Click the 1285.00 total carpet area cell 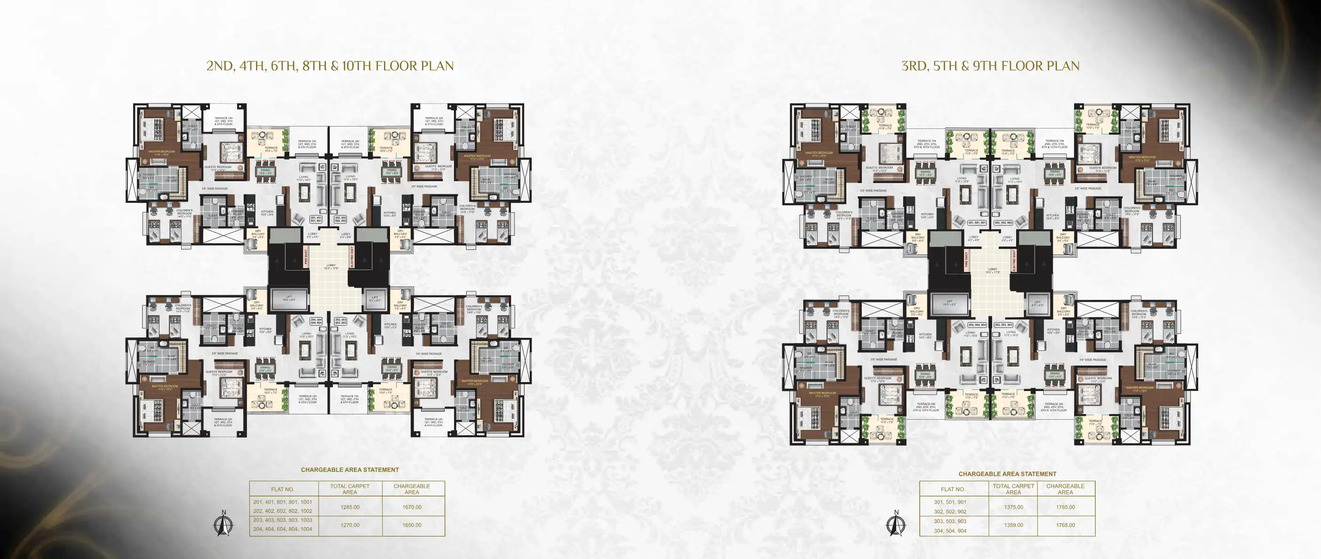tap(350, 507)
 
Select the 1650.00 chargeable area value tap(412, 525)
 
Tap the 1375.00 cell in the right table tap(1013, 507)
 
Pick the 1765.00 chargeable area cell tap(1065, 525)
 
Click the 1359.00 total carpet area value tap(1013, 525)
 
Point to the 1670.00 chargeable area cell tap(412, 507)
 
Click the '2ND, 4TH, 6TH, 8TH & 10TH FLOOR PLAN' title tap(330, 66)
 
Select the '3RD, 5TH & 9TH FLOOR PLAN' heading tap(990, 66)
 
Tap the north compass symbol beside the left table tap(223, 524)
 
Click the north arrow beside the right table tap(896, 524)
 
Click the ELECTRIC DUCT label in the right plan tap(1014, 261)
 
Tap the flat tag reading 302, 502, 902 tap(1003, 223)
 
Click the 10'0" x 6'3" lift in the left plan tap(289, 297)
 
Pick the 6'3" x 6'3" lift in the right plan tap(1037, 303)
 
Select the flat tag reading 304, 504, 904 tap(977, 325)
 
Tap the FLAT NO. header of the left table tap(283, 489)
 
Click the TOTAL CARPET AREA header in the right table tap(1013, 489)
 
